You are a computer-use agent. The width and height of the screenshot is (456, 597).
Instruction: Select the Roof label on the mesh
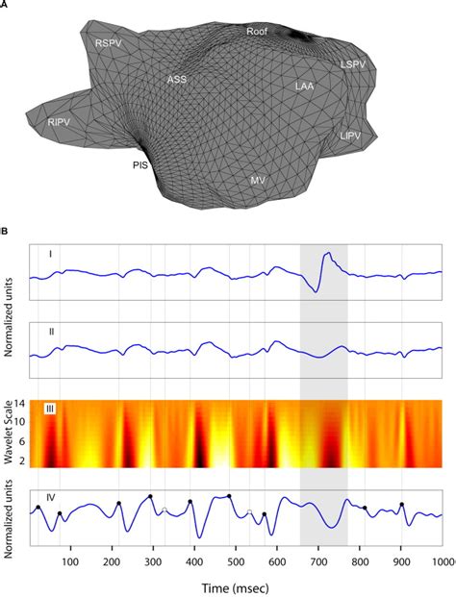[256, 32]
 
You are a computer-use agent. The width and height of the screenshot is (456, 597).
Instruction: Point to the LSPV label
[353, 64]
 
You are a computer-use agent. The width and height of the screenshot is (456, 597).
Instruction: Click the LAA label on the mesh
[305, 87]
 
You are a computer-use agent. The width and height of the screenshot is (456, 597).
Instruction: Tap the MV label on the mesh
[258, 180]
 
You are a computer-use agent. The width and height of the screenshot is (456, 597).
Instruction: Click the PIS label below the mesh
[140, 165]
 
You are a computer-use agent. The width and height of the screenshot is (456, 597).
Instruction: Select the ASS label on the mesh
[177, 79]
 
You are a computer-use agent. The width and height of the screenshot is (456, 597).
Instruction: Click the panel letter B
[7, 231]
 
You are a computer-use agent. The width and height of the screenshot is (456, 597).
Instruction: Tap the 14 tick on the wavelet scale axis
[21, 404]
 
